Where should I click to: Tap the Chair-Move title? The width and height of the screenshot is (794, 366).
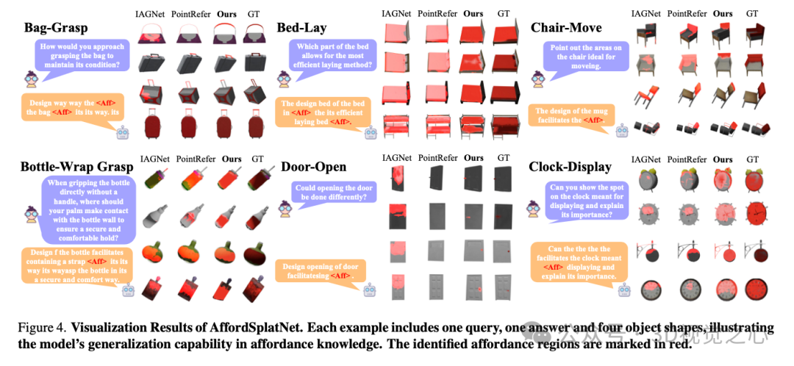coord(566,29)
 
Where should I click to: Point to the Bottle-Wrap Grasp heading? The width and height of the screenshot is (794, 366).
coord(77,167)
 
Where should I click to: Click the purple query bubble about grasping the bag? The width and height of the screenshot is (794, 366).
coord(81,56)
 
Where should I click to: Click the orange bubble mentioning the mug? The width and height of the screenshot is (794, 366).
coord(570,117)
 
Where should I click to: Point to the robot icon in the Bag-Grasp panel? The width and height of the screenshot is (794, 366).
coord(124,132)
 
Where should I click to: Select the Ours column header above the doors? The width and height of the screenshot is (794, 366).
coord(473,158)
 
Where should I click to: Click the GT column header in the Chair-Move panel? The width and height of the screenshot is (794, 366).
coord(752,13)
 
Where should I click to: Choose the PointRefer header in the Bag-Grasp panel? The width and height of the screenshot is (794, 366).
coord(190,13)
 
